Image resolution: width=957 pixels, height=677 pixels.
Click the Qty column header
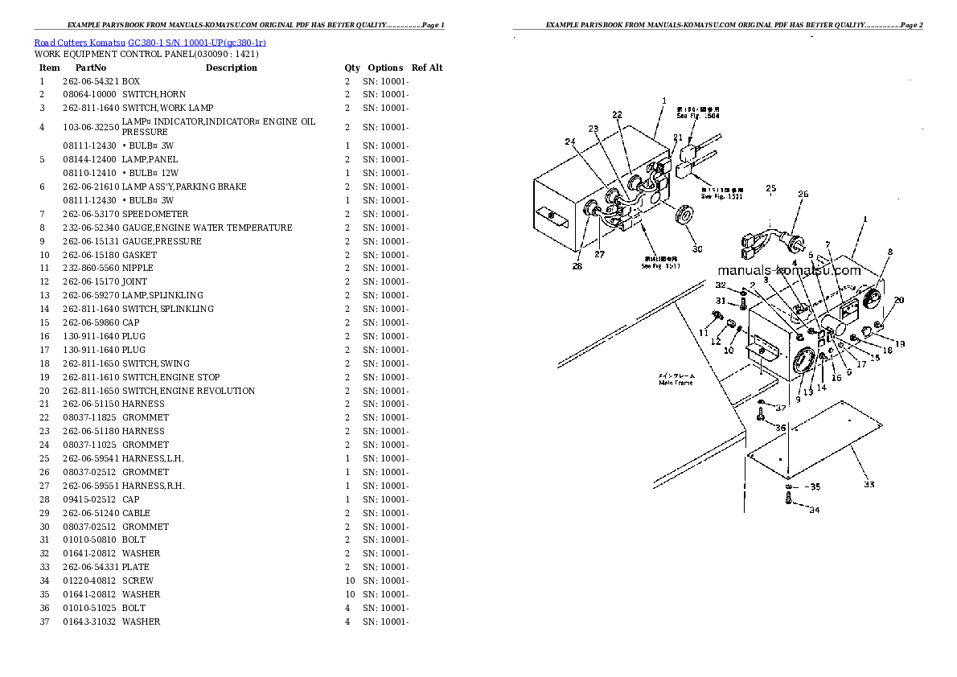352,68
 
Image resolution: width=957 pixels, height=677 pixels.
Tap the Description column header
231,68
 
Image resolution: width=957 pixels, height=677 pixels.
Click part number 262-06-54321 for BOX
91,81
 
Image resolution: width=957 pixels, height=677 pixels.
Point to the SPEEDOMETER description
155,214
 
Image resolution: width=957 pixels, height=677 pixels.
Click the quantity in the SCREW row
349,581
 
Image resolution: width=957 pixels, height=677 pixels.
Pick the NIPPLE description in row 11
138,268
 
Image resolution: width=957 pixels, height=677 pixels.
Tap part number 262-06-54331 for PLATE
91,567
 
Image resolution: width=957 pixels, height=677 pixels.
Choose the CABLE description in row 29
136,513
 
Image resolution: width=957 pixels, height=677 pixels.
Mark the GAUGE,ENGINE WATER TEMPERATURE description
207,228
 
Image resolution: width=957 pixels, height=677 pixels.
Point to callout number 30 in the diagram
697,248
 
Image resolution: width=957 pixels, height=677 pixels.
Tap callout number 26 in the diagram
802,194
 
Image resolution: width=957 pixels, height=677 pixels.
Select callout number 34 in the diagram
814,510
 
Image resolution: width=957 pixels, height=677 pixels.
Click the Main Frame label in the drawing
676,383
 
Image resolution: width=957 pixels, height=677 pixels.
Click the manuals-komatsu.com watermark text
787,270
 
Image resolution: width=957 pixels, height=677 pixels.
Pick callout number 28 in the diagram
577,266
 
